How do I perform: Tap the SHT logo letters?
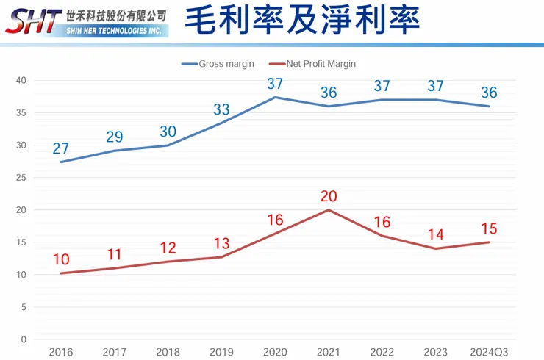pyautogui.click(x=32, y=21)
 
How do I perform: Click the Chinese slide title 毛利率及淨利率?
pyautogui.click(x=301, y=20)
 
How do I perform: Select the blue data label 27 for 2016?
pyautogui.click(x=60, y=148)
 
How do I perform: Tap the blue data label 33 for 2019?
pyautogui.click(x=221, y=109)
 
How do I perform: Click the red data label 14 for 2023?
pyautogui.click(x=435, y=235)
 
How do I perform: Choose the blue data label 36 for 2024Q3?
pyautogui.click(x=489, y=93)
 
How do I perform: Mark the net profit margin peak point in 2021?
pyautogui.click(x=328, y=210)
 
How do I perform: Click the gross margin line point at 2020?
pyautogui.click(x=274, y=98)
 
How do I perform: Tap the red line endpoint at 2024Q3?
pyautogui.click(x=489, y=242)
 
